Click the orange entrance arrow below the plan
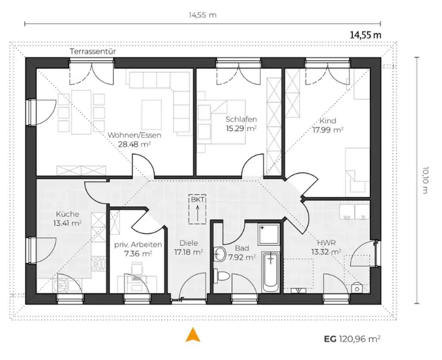tap(193, 335)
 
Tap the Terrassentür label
tap(93, 51)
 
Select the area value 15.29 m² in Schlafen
tap(241, 128)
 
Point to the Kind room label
tap(328, 121)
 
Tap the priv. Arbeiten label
tap(138, 245)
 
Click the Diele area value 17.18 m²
tap(189, 252)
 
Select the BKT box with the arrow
tap(198, 210)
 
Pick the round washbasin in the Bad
tap(220, 254)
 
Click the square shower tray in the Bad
tap(268, 235)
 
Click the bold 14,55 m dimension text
tap(365, 35)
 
